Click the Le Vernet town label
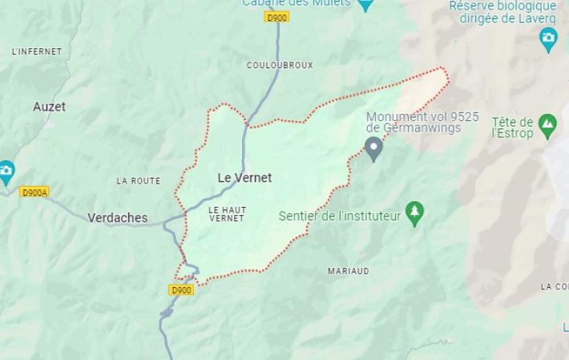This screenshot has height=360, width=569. tap(244, 177)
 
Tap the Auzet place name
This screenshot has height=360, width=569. tap(50, 107)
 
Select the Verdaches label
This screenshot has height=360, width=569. tap(117, 217)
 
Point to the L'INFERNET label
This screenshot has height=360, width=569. tap(37, 51)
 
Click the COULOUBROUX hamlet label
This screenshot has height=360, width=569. tap(280, 65)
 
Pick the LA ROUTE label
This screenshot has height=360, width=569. tap(139, 181)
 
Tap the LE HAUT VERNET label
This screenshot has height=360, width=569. tap(227, 213)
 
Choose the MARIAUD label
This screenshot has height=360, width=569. tap(349, 271)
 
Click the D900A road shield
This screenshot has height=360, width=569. tap(34, 192)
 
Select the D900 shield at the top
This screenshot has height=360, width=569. tap(277, 16)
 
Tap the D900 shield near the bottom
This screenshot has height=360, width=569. tap(182, 289)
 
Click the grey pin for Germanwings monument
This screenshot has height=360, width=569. tap(373, 148)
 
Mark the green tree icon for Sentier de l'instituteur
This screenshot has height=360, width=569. tap(414, 212)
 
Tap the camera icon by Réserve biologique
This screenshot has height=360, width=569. tap(549, 38)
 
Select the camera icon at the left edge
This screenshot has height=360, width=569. tap(6, 171)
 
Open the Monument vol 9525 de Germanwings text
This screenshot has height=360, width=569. tap(422, 122)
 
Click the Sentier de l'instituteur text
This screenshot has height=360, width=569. tap(340, 216)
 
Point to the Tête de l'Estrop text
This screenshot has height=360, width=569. tap(512, 127)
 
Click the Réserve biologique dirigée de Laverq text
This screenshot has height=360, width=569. tap(502, 12)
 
